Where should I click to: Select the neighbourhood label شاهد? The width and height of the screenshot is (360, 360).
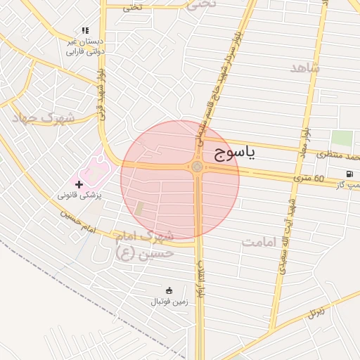tap(304, 67)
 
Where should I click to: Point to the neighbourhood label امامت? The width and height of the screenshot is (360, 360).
tap(262, 241)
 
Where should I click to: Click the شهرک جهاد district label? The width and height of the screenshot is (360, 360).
tap(43, 118)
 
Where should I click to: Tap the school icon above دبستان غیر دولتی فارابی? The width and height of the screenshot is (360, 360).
tap(85, 31)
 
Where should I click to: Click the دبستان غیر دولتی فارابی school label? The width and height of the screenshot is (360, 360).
tap(85, 46)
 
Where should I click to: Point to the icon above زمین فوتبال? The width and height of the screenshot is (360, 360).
tap(169, 290)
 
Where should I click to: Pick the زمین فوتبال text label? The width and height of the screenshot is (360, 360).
tap(169, 302)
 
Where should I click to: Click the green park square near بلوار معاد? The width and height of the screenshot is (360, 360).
tap(341, 139)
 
